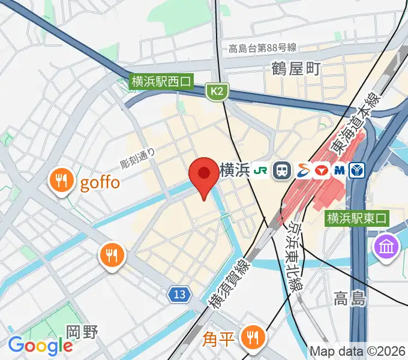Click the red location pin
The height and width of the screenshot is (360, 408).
[203, 175]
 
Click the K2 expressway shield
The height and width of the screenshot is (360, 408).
[217, 91]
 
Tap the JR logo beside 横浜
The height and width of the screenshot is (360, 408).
[261, 170]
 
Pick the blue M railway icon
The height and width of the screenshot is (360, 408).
[340, 170]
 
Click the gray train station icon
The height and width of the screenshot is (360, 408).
[280, 170]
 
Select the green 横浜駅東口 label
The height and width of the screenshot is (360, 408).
[355, 219]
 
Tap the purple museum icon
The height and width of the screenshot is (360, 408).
[387, 245]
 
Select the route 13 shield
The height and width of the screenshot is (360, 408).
[178, 294]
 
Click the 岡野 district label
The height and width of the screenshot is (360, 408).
[82, 332]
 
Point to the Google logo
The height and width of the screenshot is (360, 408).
[40, 346]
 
